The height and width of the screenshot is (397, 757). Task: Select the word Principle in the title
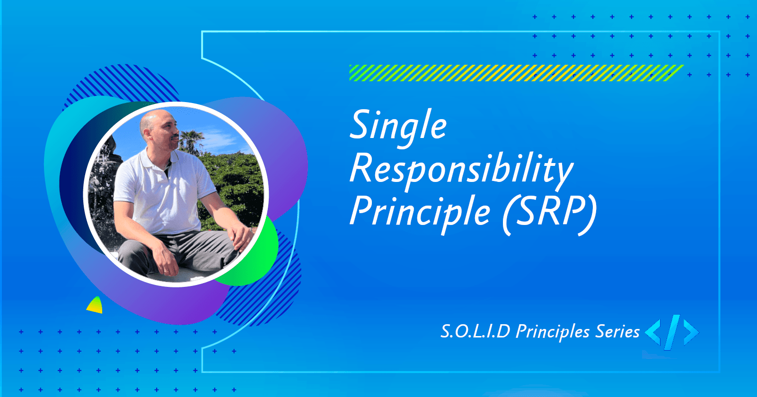(420, 211)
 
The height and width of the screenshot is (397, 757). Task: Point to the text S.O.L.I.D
(475, 331)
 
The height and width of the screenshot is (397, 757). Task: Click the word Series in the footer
(617, 331)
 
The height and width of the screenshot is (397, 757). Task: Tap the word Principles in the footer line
(553, 332)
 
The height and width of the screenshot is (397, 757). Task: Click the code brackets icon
(672, 332)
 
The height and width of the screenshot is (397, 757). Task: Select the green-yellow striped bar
(516, 73)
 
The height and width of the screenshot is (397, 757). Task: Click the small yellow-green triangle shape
(95, 306)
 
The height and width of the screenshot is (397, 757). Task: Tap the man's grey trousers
(189, 250)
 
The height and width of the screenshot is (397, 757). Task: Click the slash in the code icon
(672, 332)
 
